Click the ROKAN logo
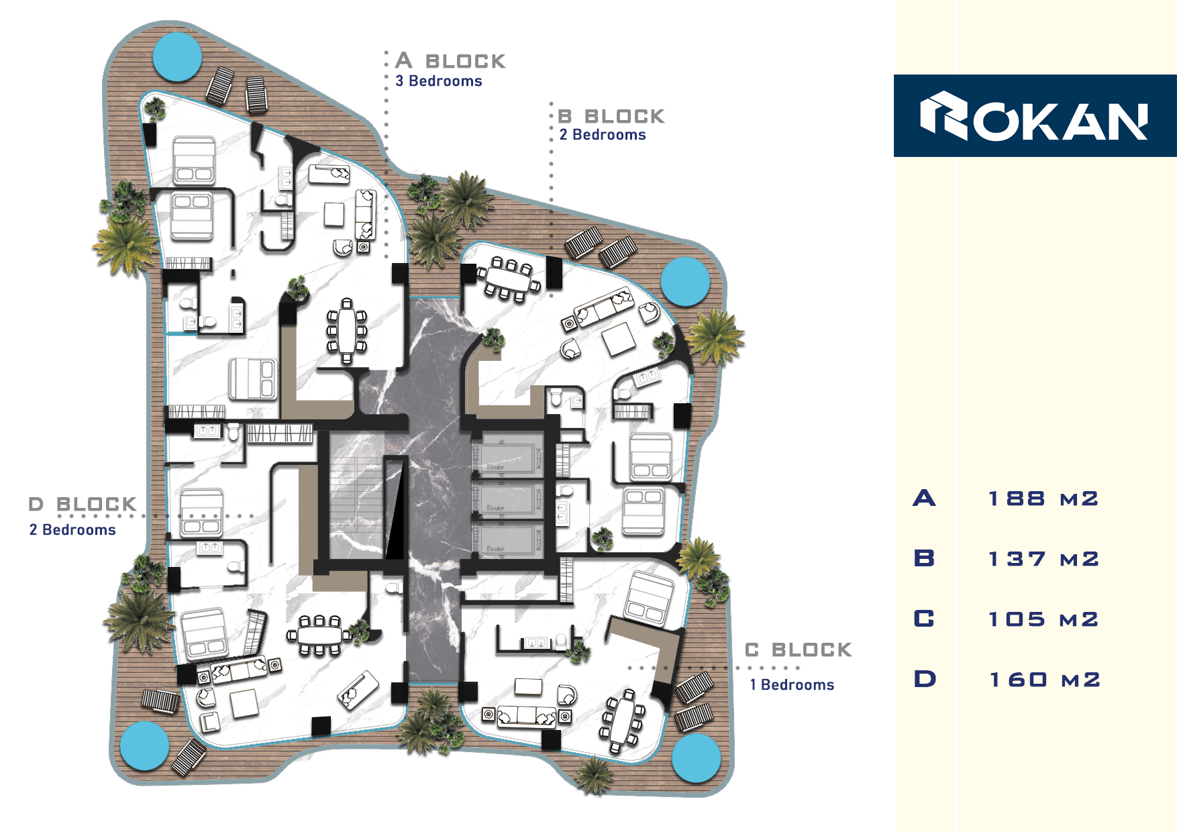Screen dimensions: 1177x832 pos(1033,116)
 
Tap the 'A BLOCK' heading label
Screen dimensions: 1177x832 pos(450,61)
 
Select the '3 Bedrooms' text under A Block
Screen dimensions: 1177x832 pos(439,81)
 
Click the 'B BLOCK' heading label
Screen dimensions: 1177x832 pos(611,116)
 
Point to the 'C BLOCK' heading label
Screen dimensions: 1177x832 pos(799,649)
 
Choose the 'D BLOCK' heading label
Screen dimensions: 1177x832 pos(83,504)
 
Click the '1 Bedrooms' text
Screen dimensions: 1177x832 pos(792,685)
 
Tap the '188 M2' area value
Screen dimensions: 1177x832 pos(1043,499)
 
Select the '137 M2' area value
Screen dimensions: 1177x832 pos(1043,559)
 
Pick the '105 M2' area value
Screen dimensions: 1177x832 pos(1043,619)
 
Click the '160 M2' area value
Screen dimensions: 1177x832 pos(1045,680)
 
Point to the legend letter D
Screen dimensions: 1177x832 pos(925,679)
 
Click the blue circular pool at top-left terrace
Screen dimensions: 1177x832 pos(177,57)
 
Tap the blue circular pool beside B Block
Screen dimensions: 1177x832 pos(685,281)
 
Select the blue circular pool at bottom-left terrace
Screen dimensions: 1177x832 pos(144,745)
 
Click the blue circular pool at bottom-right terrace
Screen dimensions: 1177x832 pos(697,758)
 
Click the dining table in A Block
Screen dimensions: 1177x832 pos(347,331)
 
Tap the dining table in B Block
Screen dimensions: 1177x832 pos(509,278)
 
